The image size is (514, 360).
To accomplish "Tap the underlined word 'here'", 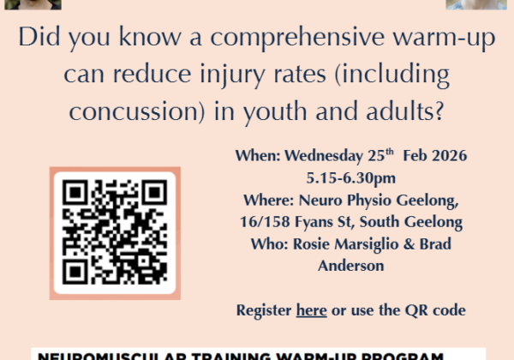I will (311, 309).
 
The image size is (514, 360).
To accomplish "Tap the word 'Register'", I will (264, 309).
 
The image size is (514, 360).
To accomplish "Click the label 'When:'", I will (254, 157).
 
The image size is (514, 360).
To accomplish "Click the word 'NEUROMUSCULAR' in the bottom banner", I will (98, 355).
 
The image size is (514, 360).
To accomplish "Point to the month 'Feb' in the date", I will (391, 157).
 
